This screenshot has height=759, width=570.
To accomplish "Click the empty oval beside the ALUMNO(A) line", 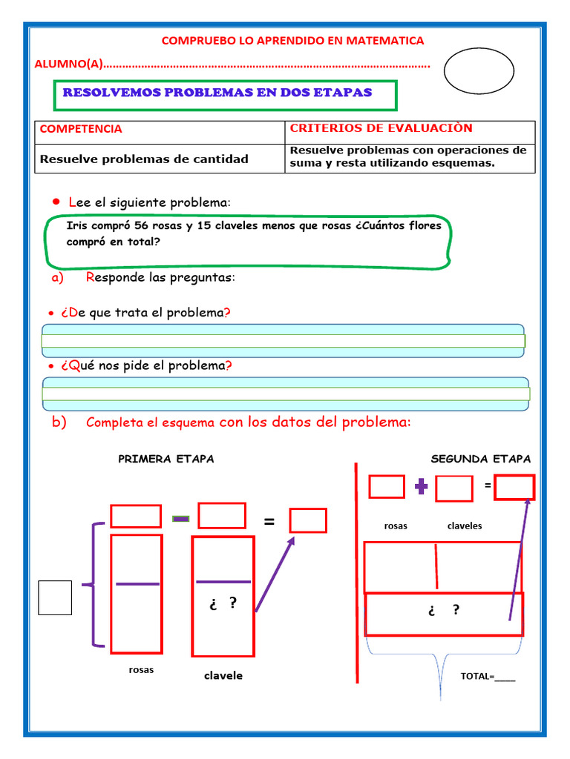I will tap(479, 70).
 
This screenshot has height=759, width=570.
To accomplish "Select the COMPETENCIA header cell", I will tap(81, 129).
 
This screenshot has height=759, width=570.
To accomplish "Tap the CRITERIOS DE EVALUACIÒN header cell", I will tap(381, 128).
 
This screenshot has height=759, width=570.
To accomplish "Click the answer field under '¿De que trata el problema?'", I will tap(283, 341).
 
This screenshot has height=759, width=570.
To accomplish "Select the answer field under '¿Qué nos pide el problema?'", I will tap(286, 394).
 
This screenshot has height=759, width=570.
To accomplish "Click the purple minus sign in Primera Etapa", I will tap(180, 518).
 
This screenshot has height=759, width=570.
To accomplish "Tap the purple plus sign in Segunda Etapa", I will tap(422, 486).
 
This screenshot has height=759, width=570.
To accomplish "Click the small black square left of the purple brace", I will tap(55, 597).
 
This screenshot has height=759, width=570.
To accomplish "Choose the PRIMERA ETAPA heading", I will tap(166, 459).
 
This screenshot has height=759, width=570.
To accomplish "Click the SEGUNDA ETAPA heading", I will tap(481, 459).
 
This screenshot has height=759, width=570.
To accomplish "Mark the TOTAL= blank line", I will tap(504, 676).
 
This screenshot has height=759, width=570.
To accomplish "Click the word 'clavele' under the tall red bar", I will tap(223, 676).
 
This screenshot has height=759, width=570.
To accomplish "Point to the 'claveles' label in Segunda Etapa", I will tap(465, 526).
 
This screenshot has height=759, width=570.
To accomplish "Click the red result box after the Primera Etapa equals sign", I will tap(308, 520).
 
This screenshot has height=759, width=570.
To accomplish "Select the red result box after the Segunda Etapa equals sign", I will tap(514, 487).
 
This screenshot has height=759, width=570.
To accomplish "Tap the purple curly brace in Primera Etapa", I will tap(95, 584).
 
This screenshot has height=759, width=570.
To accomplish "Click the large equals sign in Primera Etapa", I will tap(269, 523).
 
